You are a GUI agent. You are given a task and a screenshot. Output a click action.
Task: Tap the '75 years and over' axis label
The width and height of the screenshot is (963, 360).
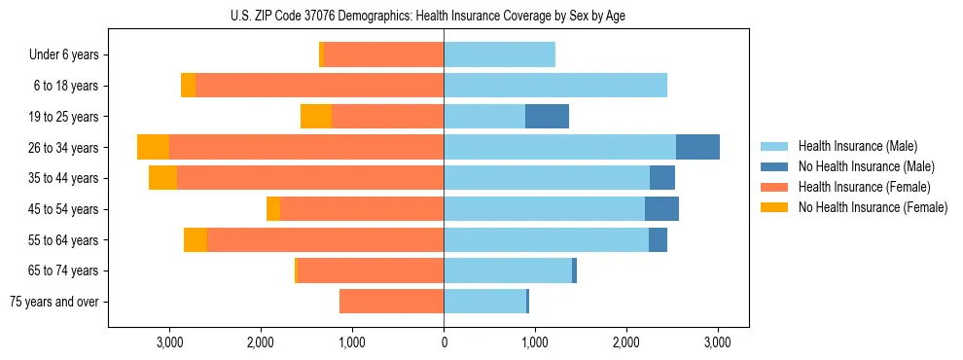(54, 302)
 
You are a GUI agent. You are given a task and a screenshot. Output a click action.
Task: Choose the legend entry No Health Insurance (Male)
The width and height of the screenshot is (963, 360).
(865, 166)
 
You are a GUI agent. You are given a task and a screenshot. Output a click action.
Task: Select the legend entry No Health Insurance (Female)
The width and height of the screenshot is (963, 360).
(872, 207)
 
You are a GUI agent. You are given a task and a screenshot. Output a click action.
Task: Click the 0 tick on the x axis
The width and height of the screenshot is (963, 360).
(444, 342)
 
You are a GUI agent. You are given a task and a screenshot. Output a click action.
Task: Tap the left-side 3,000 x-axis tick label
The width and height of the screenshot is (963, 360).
(169, 342)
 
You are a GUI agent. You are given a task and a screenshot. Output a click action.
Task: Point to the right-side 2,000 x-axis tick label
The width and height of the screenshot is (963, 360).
(626, 342)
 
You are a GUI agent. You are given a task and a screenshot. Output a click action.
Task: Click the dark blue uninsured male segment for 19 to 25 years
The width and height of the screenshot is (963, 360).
(547, 117)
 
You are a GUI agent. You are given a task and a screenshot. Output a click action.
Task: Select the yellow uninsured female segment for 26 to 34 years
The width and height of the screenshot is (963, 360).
(153, 147)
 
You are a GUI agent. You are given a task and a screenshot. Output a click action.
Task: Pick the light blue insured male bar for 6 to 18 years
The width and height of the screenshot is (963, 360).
(555, 86)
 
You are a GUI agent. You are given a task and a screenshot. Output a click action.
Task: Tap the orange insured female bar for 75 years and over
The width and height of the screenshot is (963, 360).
(391, 302)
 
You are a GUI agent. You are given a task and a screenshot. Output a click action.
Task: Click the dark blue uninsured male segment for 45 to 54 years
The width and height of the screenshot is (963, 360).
(661, 209)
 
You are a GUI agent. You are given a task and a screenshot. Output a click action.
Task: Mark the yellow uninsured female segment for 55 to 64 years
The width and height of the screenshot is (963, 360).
(196, 240)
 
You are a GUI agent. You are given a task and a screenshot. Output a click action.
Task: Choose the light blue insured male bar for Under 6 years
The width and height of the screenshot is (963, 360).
(499, 55)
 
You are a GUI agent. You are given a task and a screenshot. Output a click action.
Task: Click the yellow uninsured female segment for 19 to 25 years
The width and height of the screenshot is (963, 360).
(316, 117)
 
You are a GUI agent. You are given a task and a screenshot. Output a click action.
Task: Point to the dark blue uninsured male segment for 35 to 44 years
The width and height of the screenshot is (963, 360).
(662, 178)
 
